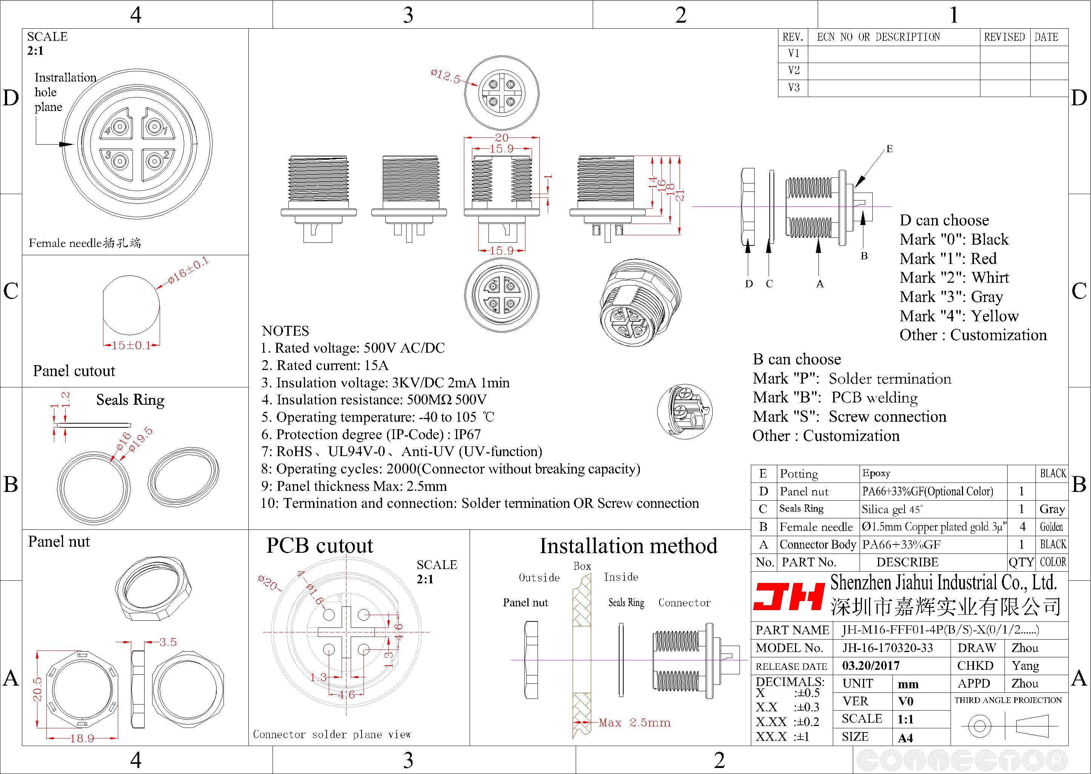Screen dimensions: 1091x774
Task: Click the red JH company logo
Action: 789,597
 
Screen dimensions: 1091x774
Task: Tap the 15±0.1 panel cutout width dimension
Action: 131,345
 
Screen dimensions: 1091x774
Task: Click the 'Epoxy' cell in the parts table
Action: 876,473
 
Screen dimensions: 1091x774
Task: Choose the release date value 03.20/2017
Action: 871,665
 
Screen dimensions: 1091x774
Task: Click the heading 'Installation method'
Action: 629,546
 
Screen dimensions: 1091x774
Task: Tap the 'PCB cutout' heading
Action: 320,546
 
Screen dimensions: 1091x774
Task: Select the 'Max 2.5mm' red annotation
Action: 635,723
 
